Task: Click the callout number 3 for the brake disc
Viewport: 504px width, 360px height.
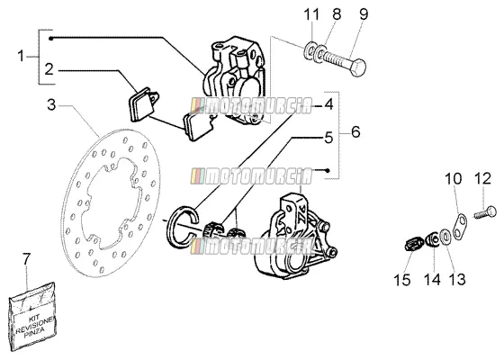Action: pos(51,104)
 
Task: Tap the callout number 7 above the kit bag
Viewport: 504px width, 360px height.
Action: pos(26,259)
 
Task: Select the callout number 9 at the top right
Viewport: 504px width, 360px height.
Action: pos(364,14)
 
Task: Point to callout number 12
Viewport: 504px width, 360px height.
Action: pos(483,178)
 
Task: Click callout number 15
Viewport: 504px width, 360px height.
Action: pos(402,280)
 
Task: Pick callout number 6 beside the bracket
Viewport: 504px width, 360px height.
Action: pos(355,131)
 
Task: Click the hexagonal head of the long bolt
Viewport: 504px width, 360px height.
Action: pos(357,67)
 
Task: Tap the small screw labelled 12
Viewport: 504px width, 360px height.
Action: pos(485,212)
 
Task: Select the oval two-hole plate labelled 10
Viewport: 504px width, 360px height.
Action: pos(460,225)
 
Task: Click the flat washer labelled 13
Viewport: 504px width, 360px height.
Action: pos(445,237)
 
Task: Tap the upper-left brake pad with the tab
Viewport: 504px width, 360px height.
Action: pos(142,103)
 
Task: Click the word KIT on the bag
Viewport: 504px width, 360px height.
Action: pos(33,319)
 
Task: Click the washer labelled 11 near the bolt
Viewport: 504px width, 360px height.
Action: pos(309,50)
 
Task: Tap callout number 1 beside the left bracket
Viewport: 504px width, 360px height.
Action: pos(21,56)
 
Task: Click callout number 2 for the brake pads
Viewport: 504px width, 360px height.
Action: pos(49,69)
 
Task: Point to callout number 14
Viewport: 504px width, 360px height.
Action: pos(432,280)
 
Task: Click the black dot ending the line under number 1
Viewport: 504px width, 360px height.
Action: pos(50,39)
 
